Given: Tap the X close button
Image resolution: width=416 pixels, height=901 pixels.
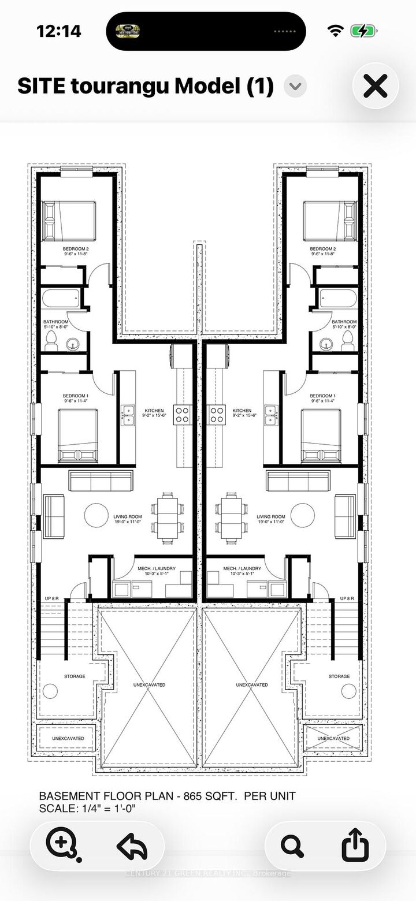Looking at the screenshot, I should (x=375, y=87).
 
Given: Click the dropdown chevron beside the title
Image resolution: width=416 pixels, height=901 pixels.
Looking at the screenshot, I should (x=295, y=87).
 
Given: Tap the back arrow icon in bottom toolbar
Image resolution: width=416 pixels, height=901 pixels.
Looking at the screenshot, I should (x=132, y=846).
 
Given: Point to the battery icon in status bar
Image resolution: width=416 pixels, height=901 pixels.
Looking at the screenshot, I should (x=367, y=31).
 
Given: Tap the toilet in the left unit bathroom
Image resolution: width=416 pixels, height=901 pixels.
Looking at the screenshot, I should (x=51, y=341).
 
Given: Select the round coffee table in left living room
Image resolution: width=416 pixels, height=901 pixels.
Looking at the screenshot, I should (x=96, y=515).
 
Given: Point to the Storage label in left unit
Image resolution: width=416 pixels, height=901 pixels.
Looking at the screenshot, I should (x=74, y=676).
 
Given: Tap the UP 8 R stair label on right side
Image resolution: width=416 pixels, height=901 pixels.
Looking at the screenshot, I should (x=348, y=598).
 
